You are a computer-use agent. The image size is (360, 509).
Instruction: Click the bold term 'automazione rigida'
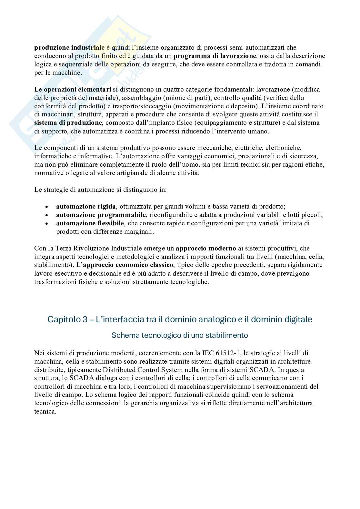[x=86, y=206]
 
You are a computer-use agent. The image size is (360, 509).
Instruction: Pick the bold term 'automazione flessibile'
[x=90, y=223]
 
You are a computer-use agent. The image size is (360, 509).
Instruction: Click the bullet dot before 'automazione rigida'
[x=47, y=207]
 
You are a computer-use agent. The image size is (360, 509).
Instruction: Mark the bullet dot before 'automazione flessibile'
[x=47, y=223]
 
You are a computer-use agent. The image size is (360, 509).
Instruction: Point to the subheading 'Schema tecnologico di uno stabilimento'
[x=180, y=335]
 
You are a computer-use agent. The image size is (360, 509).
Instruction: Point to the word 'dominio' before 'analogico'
[x=180, y=319]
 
